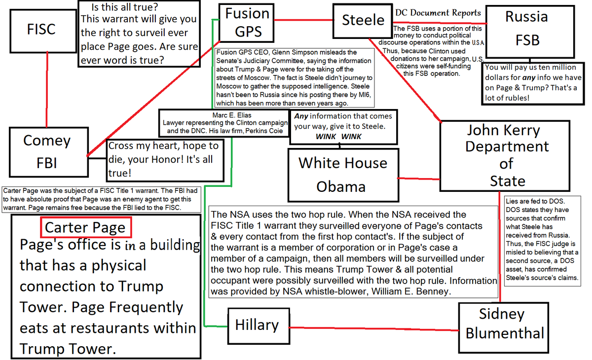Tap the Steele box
click(363, 20)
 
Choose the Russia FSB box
click(526, 28)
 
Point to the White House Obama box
click(342, 174)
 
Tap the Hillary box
click(257, 324)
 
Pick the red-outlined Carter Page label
click(86, 228)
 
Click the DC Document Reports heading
click(438, 13)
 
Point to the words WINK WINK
click(338, 137)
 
